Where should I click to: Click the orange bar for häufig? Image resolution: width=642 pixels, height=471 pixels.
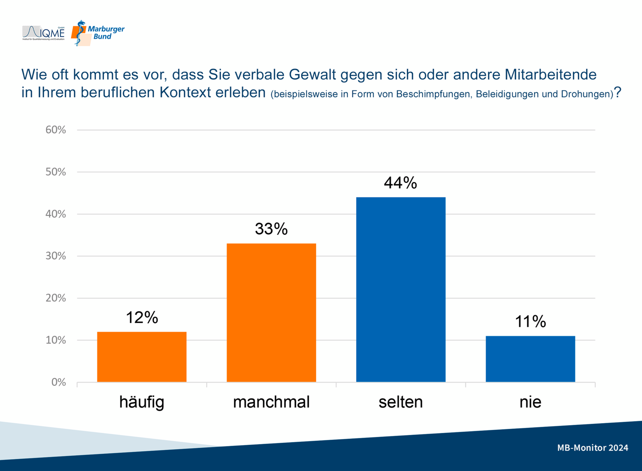tap(142, 357)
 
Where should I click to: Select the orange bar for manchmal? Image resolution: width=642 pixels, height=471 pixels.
tap(271, 313)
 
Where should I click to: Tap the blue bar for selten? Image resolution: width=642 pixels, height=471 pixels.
tap(401, 289)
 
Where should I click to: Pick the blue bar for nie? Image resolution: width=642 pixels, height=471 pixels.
tap(530, 359)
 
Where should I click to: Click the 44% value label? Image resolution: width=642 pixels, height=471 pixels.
tap(400, 183)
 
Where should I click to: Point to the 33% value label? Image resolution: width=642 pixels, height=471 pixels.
tap(271, 229)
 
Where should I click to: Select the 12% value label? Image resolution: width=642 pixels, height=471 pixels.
tap(142, 317)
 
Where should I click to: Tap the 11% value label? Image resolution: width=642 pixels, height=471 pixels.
tap(530, 321)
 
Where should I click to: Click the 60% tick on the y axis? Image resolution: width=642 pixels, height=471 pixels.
tap(56, 130)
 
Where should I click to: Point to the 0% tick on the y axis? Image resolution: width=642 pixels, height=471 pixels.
tap(58, 382)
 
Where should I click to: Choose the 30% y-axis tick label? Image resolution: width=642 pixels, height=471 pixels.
tap(56, 256)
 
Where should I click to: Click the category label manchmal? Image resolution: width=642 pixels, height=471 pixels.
tap(271, 402)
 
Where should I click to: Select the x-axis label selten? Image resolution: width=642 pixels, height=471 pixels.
tap(401, 402)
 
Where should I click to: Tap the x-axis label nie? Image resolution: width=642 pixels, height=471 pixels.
tap(530, 402)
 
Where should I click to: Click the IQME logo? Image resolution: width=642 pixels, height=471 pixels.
tap(44, 33)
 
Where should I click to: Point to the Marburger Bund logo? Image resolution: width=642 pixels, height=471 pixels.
tap(98, 33)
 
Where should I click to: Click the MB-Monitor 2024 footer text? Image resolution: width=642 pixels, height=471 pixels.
tap(592, 448)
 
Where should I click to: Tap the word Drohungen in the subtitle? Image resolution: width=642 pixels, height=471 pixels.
tap(586, 94)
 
